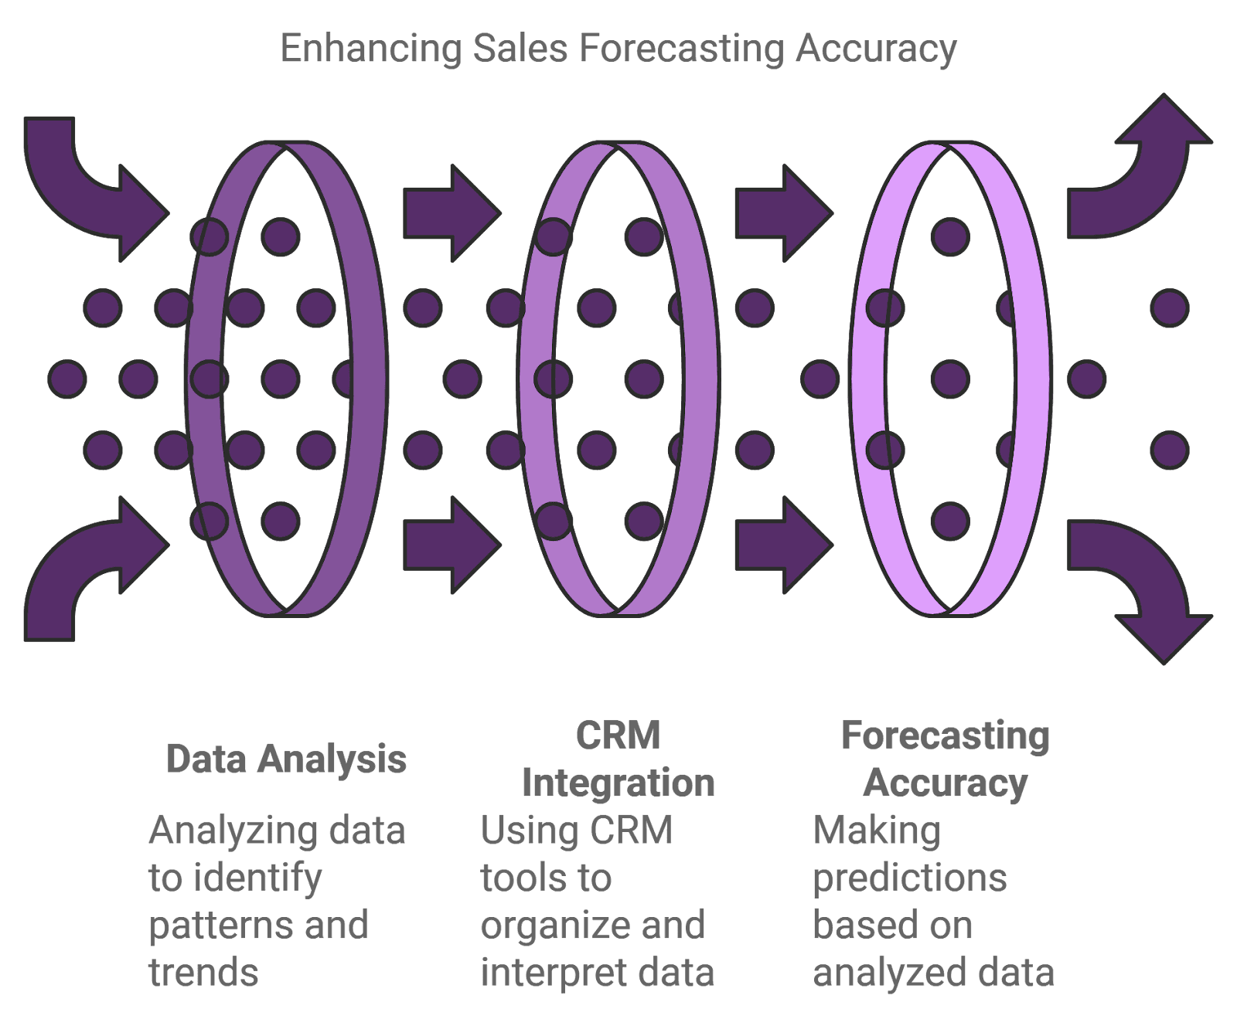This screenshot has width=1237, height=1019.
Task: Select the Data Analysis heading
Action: pos(286,759)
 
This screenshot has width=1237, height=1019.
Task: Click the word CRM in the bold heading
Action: pos(618,735)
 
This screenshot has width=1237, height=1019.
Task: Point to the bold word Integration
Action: pos(618,783)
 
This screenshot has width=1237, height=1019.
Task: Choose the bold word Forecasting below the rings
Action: pos(945,735)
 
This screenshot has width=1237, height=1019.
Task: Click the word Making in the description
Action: pos(877,831)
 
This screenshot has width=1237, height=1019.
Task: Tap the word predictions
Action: pos(909,878)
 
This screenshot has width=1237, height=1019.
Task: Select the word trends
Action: pos(203,973)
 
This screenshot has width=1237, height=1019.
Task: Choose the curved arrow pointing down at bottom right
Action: pos(1144,579)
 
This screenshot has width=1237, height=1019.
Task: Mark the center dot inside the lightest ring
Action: pos(950,379)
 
